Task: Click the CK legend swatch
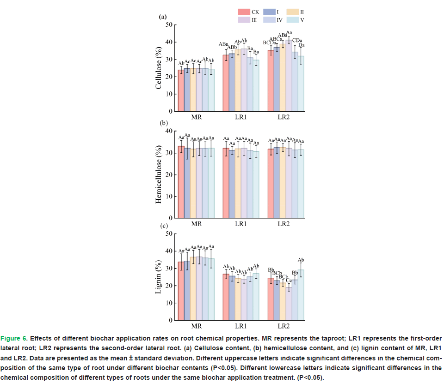click(244, 12)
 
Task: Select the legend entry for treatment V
click(293, 19)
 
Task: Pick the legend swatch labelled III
click(244, 19)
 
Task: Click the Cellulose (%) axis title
click(159, 68)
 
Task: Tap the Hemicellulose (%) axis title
click(159, 174)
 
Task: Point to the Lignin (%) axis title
click(159, 277)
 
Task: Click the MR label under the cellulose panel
click(197, 117)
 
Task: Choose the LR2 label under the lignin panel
click(284, 326)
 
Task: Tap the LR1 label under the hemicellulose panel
click(240, 224)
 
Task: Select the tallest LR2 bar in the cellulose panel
click(289, 76)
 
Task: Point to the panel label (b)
click(163, 123)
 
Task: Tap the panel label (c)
click(163, 226)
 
